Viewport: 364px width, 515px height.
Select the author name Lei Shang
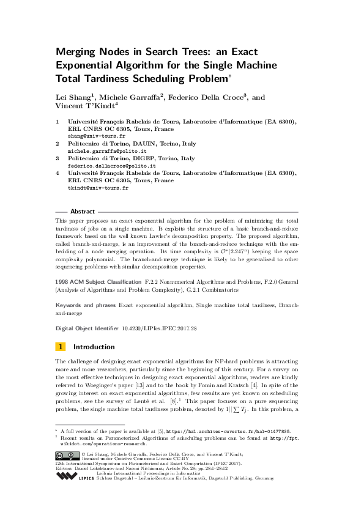72,97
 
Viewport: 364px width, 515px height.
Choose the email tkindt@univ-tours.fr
98,188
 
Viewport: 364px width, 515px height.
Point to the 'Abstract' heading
82,210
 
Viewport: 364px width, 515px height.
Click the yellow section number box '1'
61,346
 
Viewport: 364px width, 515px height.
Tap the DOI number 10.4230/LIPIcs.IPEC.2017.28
166,328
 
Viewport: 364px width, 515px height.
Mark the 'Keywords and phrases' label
86,304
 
